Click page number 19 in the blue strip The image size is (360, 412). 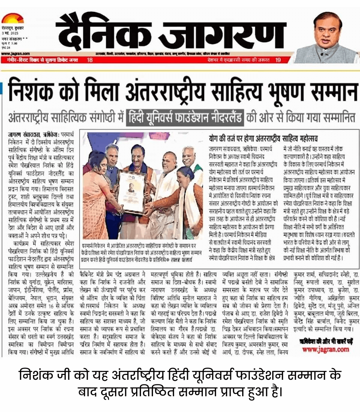(x=278, y=60)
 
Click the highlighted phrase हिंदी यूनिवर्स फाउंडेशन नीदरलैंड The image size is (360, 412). (x=185, y=117)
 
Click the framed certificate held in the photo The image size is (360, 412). (x=132, y=191)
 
